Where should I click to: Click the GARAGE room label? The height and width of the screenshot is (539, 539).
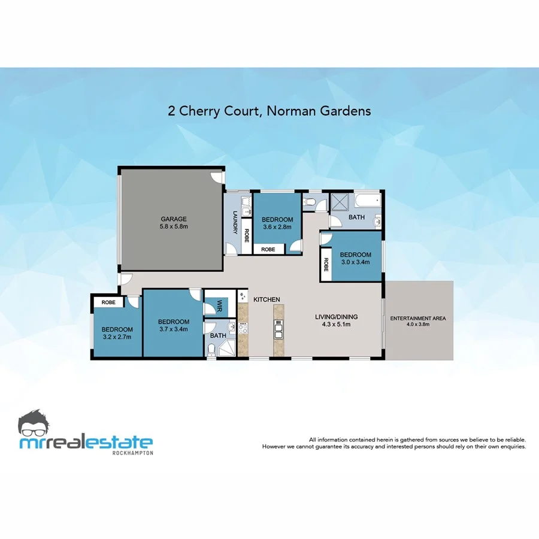pos(174,219)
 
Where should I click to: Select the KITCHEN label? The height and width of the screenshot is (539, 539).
pos(267,299)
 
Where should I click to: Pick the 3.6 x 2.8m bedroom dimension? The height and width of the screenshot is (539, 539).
pos(277,227)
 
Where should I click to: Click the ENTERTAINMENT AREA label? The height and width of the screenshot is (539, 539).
pos(418,318)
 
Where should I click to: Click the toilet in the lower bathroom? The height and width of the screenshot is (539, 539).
pos(213,349)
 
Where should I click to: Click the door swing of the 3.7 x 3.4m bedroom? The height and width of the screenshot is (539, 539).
pos(196,295)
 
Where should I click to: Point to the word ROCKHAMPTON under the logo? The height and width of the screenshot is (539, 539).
pos(133,453)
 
